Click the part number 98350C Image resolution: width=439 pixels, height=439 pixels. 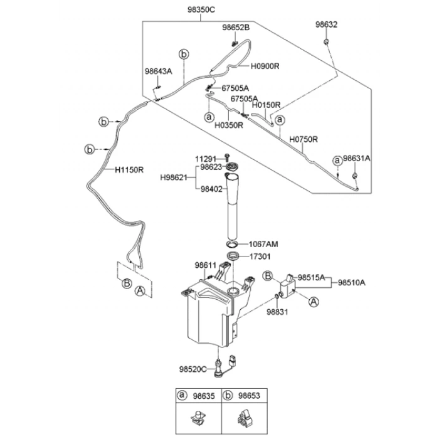(x=201, y=11)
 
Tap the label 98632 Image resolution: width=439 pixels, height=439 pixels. (x=326, y=24)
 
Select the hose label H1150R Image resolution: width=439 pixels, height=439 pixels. (x=129, y=169)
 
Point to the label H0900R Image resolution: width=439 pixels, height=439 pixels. (x=265, y=65)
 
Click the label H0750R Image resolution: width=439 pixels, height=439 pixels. (x=304, y=139)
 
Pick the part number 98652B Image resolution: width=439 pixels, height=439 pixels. (x=235, y=28)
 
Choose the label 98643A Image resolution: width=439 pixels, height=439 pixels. (x=158, y=71)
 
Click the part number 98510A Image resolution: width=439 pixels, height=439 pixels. (x=351, y=282)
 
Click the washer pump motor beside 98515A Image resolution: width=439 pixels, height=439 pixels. (x=288, y=286)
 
